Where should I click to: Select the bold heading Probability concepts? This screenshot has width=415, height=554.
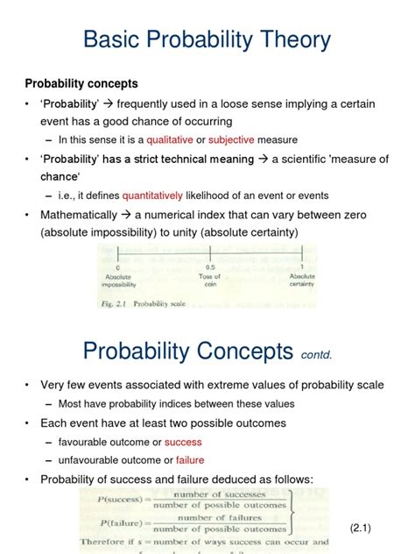(x=81, y=84)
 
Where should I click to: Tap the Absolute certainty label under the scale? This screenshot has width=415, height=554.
(x=301, y=279)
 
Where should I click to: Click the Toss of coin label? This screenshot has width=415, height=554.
(x=210, y=279)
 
